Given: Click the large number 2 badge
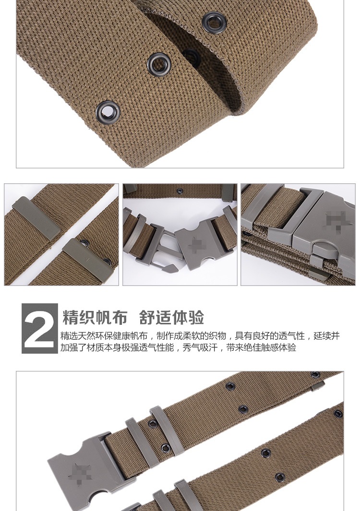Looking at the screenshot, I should tap(40, 329).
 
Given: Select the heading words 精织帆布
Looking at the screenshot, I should tap(95, 318).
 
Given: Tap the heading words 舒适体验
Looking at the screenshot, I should tap(171, 318).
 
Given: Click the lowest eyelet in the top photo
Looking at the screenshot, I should tap(108, 111).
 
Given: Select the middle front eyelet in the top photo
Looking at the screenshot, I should tap(158, 63).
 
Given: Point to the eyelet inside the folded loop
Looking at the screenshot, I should tap(191, 56).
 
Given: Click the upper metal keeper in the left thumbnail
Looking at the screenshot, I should tap(36, 217).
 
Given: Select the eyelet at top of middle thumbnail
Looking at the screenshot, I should tap(180, 191).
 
